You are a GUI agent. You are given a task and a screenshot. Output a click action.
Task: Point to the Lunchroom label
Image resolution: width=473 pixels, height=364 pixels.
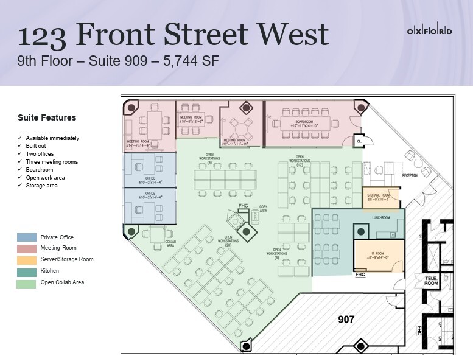click(x=381, y=216)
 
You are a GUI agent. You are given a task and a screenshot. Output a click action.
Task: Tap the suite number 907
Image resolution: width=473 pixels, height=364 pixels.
click(x=347, y=318)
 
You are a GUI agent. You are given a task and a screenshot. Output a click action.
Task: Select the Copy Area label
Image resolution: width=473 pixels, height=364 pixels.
click(x=263, y=209)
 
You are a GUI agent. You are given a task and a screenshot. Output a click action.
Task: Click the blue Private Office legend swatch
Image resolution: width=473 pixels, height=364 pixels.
click(x=26, y=237)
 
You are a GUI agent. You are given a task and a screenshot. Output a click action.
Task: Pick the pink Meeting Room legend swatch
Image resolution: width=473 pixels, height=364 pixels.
click(x=26, y=248)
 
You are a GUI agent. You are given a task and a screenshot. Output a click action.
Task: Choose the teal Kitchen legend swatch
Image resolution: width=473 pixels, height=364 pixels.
click(x=26, y=271)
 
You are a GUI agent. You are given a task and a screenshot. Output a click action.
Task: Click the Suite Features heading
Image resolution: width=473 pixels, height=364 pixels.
click(x=47, y=117)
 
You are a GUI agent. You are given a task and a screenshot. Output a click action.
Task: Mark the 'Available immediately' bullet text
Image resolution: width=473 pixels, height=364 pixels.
click(x=53, y=138)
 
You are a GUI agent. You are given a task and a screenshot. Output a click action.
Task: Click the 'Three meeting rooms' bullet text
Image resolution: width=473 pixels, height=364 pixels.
click(x=52, y=162)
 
